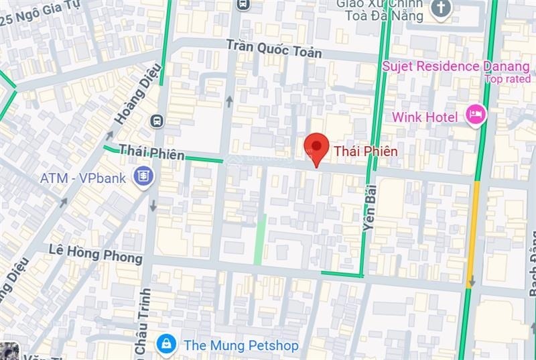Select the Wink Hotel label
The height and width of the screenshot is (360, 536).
pyautogui.click(x=425, y=117)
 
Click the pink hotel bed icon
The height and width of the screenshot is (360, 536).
pyautogui.click(x=476, y=114)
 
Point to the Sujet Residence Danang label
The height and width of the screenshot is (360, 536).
pyautogui.click(x=456, y=66)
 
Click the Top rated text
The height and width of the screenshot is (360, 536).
pyautogui.click(x=507, y=79)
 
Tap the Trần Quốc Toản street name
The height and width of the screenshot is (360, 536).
pyautogui.click(x=273, y=48)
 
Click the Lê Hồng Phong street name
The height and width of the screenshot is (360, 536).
pyautogui.click(x=96, y=253)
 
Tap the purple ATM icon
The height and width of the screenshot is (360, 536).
pyautogui.click(x=143, y=177)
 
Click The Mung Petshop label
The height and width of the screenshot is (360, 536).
pyautogui.click(x=241, y=345)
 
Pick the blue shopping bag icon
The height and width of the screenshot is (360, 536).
pyautogui.click(x=165, y=345)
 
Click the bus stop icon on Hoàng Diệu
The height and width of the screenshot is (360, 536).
pyautogui.click(x=157, y=121)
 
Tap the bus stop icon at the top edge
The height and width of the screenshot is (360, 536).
pyautogui.click(x=243, y=4)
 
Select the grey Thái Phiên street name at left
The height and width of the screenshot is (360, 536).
pyautogui.click(x=151, y=152)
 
